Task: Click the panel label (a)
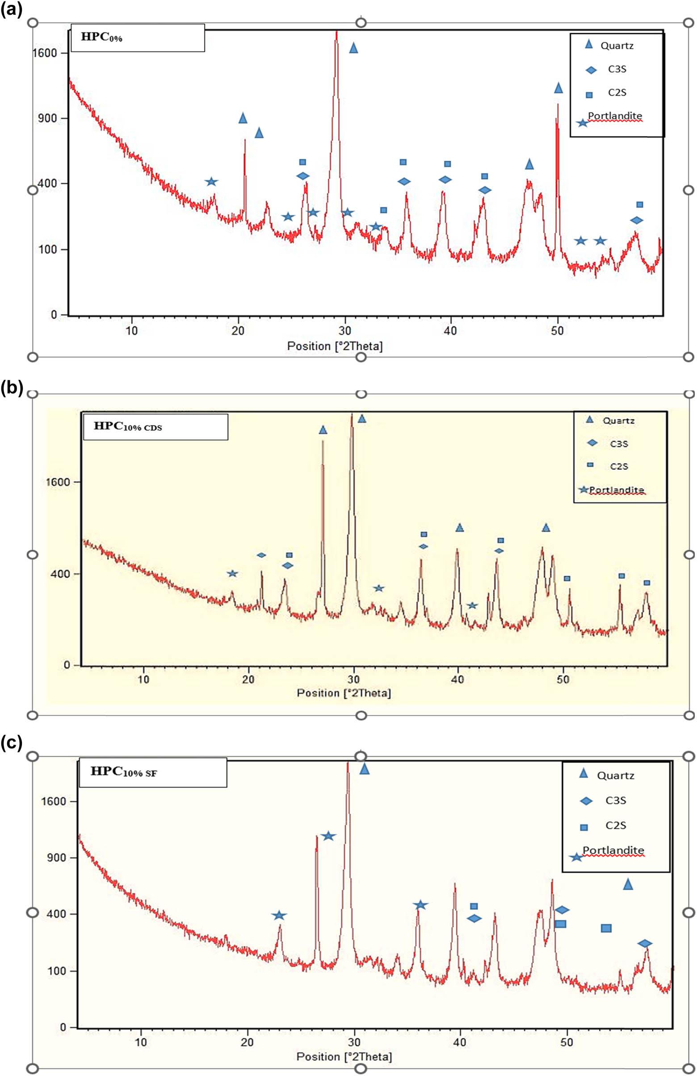click(x=11, y=10)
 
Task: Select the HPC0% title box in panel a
click(x=138, y=38)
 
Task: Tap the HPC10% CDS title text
click(x=128, y=426)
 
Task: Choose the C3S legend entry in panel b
click(x=618, y=443)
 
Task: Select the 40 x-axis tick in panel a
click(x=451, y=330)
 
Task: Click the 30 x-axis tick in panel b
click(x=354, y=679)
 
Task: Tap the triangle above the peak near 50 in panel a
click(x=558, y=88)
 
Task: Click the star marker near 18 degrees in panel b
click(x=232, y=574)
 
